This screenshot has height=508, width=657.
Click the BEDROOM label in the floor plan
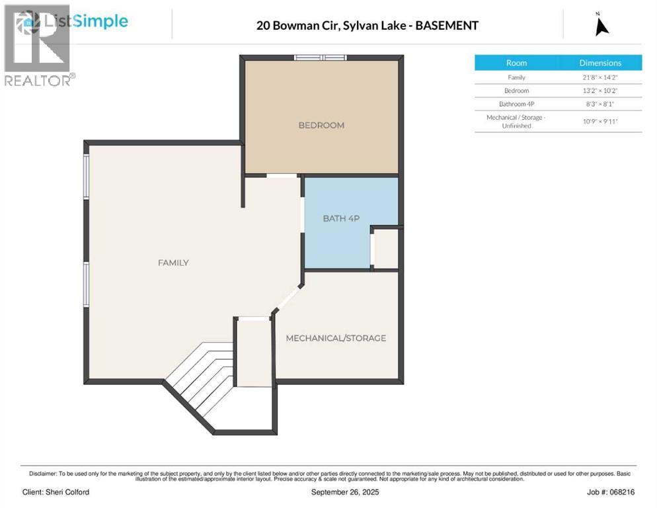coord(321,125)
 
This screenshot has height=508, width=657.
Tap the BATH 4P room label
coord(340,218)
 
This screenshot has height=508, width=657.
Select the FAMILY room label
coord(173,263)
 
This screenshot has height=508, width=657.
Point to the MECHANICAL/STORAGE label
coord(336,338)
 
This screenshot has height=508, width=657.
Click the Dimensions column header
coord(600,63)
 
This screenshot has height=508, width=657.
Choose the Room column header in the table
coord(516,63)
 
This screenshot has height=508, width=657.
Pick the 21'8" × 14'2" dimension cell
coord(600,77)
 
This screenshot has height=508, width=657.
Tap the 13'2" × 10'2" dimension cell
coord(600,91)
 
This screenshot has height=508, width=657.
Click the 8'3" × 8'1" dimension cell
coord(600,104)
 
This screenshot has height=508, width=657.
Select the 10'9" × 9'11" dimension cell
coord(600,121)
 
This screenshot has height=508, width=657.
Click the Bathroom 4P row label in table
coord(516,104)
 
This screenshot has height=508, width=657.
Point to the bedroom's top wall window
coord(321,58)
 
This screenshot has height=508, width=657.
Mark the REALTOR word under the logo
coord(37,80)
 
